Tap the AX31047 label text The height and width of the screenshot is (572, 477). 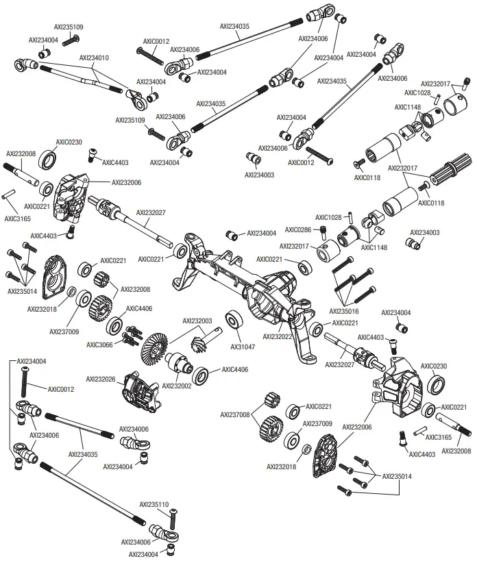pyautogui.click(x=243, y=347)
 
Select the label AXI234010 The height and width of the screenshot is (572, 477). pyautogui.click(x=94, y=58)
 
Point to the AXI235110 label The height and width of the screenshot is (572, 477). pyautogui.click(x=154, y=504)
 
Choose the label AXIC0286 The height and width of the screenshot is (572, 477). pyautogui.click(x=298, y=229)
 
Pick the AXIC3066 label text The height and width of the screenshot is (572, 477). pyautogui.click(x=101, y=345)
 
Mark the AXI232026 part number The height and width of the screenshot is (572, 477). pyautogui.click(x=100, y=378)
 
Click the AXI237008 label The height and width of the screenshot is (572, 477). pyautogui.click(x=234, y=414)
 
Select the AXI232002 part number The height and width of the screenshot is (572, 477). pyautogui.click(x=176, y=386)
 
